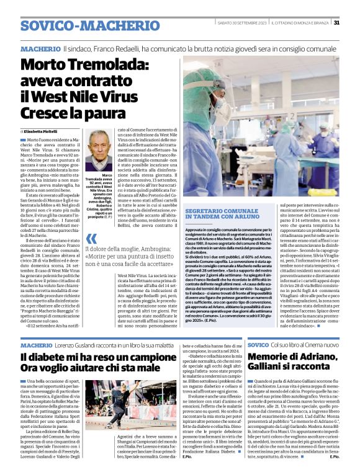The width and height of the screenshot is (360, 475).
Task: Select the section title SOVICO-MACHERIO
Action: (73, 25)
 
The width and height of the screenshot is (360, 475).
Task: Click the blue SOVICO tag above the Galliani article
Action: (258, 344)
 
